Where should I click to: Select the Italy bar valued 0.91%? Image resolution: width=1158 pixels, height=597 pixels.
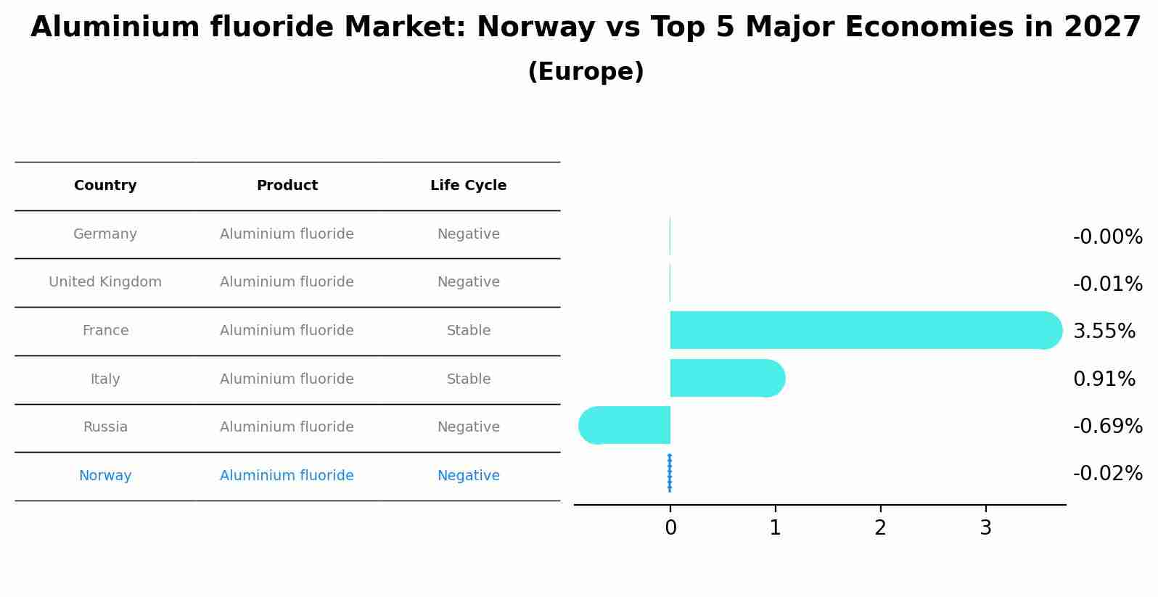coord(726,378)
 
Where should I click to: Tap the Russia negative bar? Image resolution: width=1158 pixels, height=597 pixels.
coord(625,425)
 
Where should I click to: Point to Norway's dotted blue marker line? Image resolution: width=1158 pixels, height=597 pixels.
coord(669,473)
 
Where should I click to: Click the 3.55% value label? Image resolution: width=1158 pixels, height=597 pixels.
coord(1104,332)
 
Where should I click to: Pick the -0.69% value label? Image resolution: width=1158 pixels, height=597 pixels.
coord(1107,427)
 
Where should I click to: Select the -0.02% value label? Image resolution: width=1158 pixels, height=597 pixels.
coord(1107,474)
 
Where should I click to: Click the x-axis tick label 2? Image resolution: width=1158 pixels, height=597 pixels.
coord(880,528)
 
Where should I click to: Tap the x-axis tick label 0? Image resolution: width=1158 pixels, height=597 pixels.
coord(670,528)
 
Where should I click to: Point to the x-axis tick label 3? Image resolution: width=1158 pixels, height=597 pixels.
coord(985,528)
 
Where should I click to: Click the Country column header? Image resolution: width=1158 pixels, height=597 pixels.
coord(105,186)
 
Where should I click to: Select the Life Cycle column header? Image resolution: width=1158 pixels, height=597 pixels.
coord(468,186)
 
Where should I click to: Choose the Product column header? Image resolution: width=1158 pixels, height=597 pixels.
coord(287,186)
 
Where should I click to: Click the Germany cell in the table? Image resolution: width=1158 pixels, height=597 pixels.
coord(105,234)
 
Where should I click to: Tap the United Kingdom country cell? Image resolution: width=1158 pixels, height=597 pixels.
coord(105,282)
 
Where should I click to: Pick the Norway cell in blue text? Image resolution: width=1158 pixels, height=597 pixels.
coord(105,476)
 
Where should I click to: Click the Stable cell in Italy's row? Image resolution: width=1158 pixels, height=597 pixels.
coord(468,379)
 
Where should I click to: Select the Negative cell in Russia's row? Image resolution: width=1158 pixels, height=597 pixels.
coord(468,427)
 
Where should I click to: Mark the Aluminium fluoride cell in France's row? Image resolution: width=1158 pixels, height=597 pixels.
coord(287,331)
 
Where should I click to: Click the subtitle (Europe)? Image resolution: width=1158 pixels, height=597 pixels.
coord(586,72)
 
